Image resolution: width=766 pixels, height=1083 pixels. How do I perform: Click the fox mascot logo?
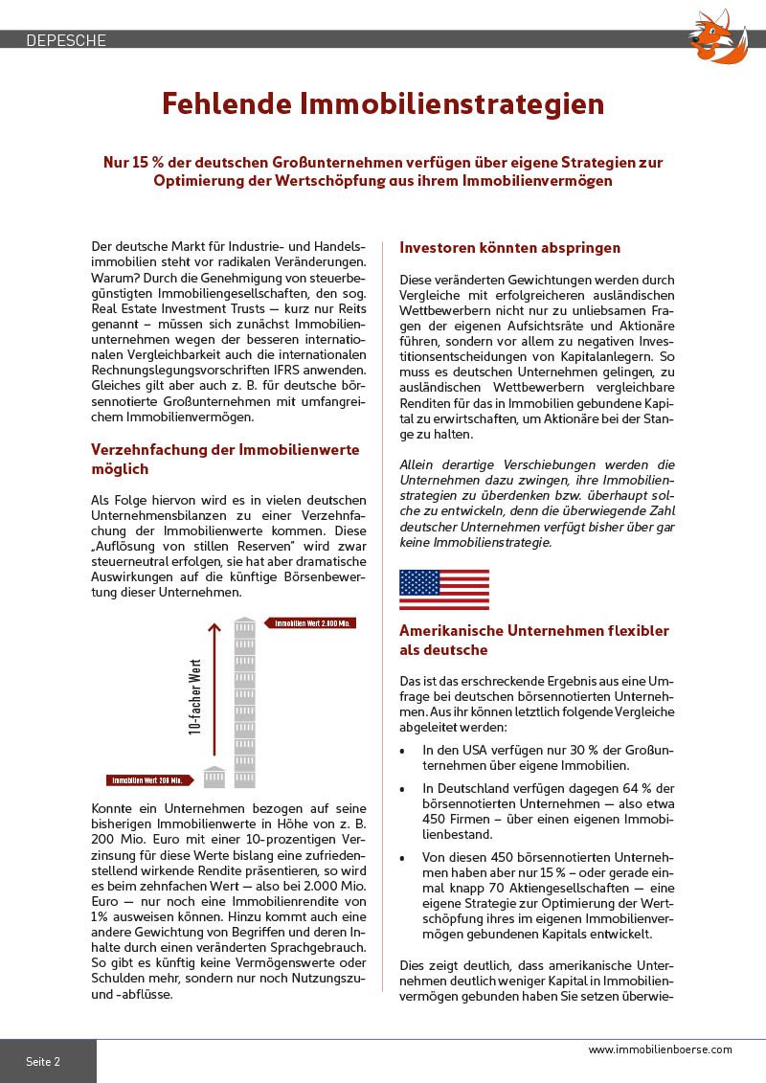pos(719,36)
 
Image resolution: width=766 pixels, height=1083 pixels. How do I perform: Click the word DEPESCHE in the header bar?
pos(66,40)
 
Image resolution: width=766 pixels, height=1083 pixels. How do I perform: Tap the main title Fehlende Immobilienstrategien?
pos(383,103)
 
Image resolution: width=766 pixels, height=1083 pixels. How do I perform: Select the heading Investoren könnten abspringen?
pos(509,248)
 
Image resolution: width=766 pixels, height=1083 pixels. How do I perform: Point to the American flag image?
pos(443,590)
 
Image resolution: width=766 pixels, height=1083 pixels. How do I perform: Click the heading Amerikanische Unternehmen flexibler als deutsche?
pos(534,641)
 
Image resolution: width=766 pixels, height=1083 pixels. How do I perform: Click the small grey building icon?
pos(214,777)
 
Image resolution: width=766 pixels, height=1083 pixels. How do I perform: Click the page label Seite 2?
pos(43,1062)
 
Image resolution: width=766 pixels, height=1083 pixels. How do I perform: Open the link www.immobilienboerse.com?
pos(660,1049)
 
